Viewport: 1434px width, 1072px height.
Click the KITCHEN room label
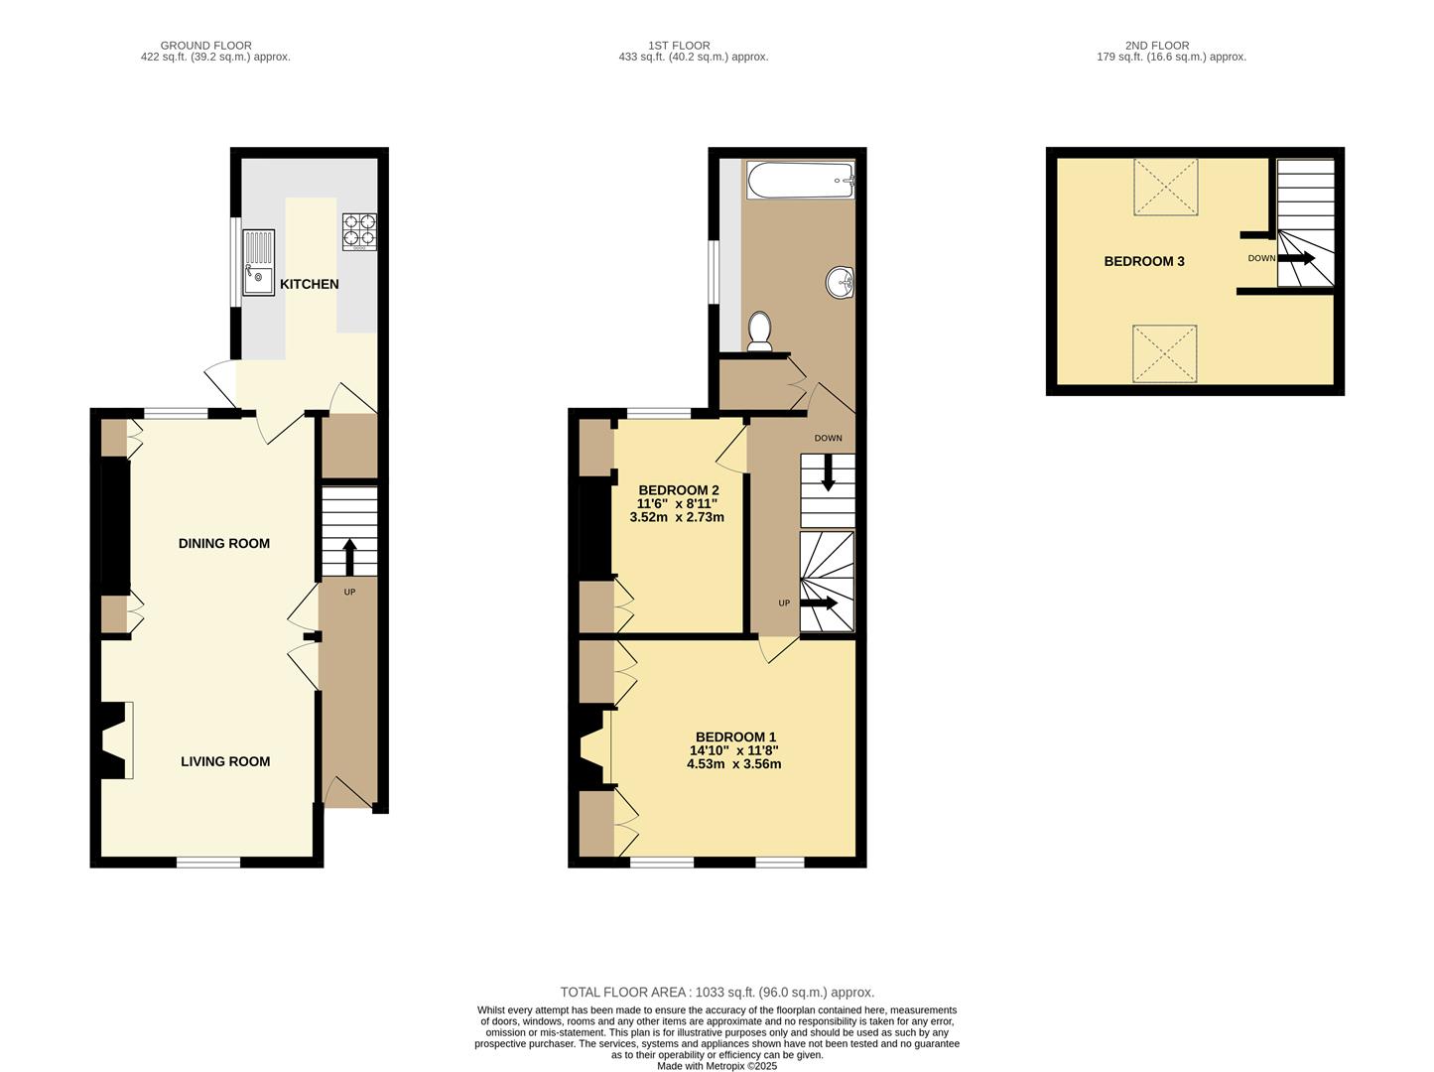[309, 284]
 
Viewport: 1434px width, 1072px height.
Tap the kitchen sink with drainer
[259, 263]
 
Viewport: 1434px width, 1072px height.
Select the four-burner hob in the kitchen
[359, 232]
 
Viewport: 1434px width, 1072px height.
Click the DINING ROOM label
[224, 544]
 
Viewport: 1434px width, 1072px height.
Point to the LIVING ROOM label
[225, 761]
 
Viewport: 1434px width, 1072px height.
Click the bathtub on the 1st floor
[801, 180]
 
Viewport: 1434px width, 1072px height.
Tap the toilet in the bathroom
[759, 331]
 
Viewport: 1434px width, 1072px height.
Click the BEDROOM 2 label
[679, 490]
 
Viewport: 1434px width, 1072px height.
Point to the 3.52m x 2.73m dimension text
[677, 517]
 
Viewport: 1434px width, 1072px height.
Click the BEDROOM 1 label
[735, 737]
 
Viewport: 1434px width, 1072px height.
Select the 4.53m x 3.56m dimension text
[733, 764]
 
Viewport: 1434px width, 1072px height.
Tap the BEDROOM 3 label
[1144, 261]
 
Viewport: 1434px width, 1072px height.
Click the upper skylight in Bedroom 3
[1165, 187]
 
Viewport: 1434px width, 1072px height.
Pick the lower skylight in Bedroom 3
[1165, 353]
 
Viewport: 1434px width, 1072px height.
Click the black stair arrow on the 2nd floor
[1296, 258]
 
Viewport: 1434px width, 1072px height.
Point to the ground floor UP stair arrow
[349, 557]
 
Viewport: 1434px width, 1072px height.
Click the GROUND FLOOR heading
[205, 46]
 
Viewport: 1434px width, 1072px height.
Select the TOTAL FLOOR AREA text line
[717, 993]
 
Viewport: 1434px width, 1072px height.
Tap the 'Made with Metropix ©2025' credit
[717, 1066]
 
